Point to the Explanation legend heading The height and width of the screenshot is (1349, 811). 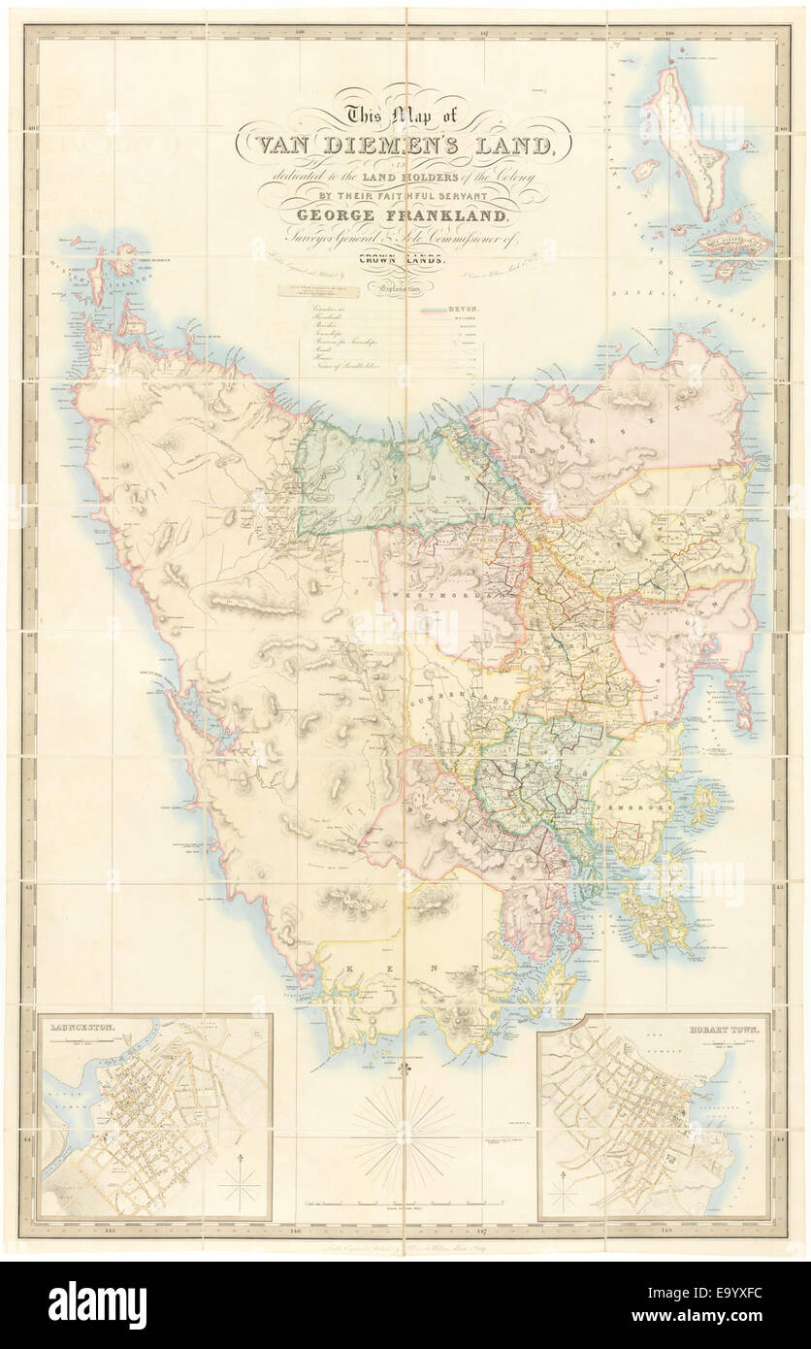[x=405, y=287]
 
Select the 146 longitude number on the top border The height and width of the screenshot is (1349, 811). [x=300, y=32]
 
